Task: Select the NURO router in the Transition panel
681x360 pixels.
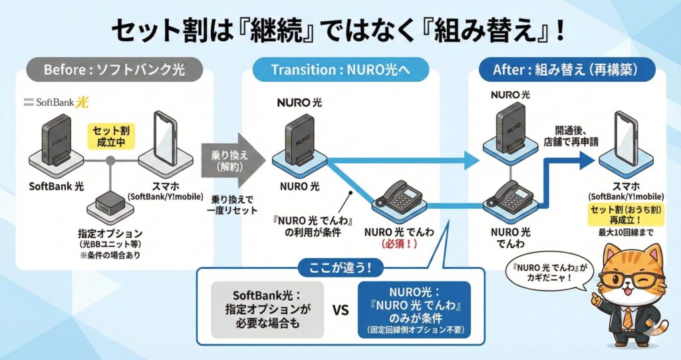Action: [x=300, y=140]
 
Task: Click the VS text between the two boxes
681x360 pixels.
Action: [x=340, y=309]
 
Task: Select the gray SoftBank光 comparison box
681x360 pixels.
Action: [x=267, y=309]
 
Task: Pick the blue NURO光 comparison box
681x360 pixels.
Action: [x=414, y=309]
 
